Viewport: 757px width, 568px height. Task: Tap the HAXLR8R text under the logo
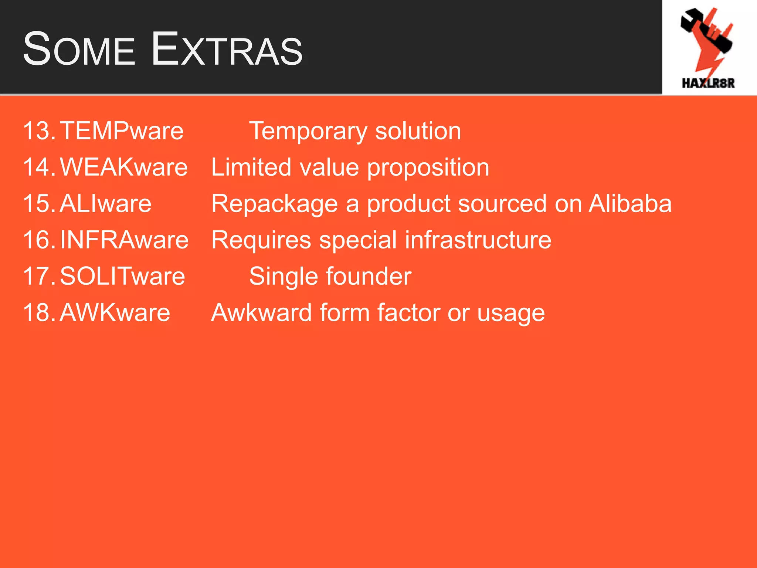point(708,83)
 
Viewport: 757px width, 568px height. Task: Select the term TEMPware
point(122,131)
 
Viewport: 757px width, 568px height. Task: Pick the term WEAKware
point(124,167)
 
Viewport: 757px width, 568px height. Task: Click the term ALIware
point(105,204)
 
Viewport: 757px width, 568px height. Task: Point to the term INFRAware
point(124,240)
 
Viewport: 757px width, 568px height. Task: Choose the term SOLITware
point(122,276)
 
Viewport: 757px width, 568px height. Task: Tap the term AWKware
point(115,313)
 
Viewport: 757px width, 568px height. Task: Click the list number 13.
point(38,131)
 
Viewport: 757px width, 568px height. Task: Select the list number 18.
point(38,313)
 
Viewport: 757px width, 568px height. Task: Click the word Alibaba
point(630,204)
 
